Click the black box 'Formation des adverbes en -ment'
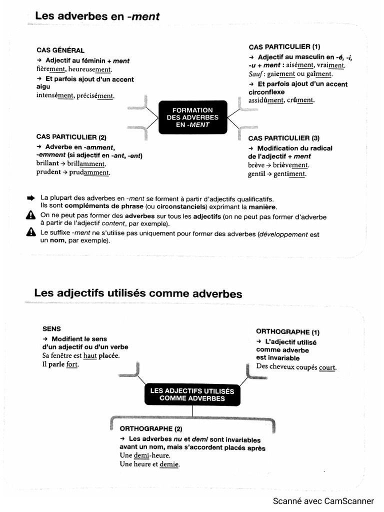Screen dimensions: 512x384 pyautogui.click(x=192, y=117)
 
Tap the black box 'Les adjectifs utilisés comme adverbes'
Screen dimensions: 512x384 pyautogui.click(x=192, y=394)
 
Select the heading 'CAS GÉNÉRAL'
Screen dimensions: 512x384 pyautogui.click(x=60, y=50)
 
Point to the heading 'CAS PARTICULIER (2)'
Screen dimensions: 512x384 pyautogui.click(x=71, y=137)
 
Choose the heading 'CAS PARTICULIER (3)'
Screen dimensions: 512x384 pyautogui.click(x=283, y=138)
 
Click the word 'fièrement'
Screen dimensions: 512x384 pyautogui.click(x=50, y=69)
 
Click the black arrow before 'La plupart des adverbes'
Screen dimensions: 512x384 pyautogui.click(x=31, y=198)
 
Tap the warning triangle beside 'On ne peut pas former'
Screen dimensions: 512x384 pyautogui.click(x=31, y=215)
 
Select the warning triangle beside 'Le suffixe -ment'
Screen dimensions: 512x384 pyautogui.click(x=31, y=232)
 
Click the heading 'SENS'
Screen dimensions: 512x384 pyautogui.click(x=52, y=329)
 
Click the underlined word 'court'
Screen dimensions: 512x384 pyautogui.click(x=327, y=367)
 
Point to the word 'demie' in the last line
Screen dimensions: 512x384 pyautogui.click(x=169, y=464)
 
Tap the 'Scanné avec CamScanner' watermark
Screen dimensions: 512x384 pyautogui.click(x=323, y=501)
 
